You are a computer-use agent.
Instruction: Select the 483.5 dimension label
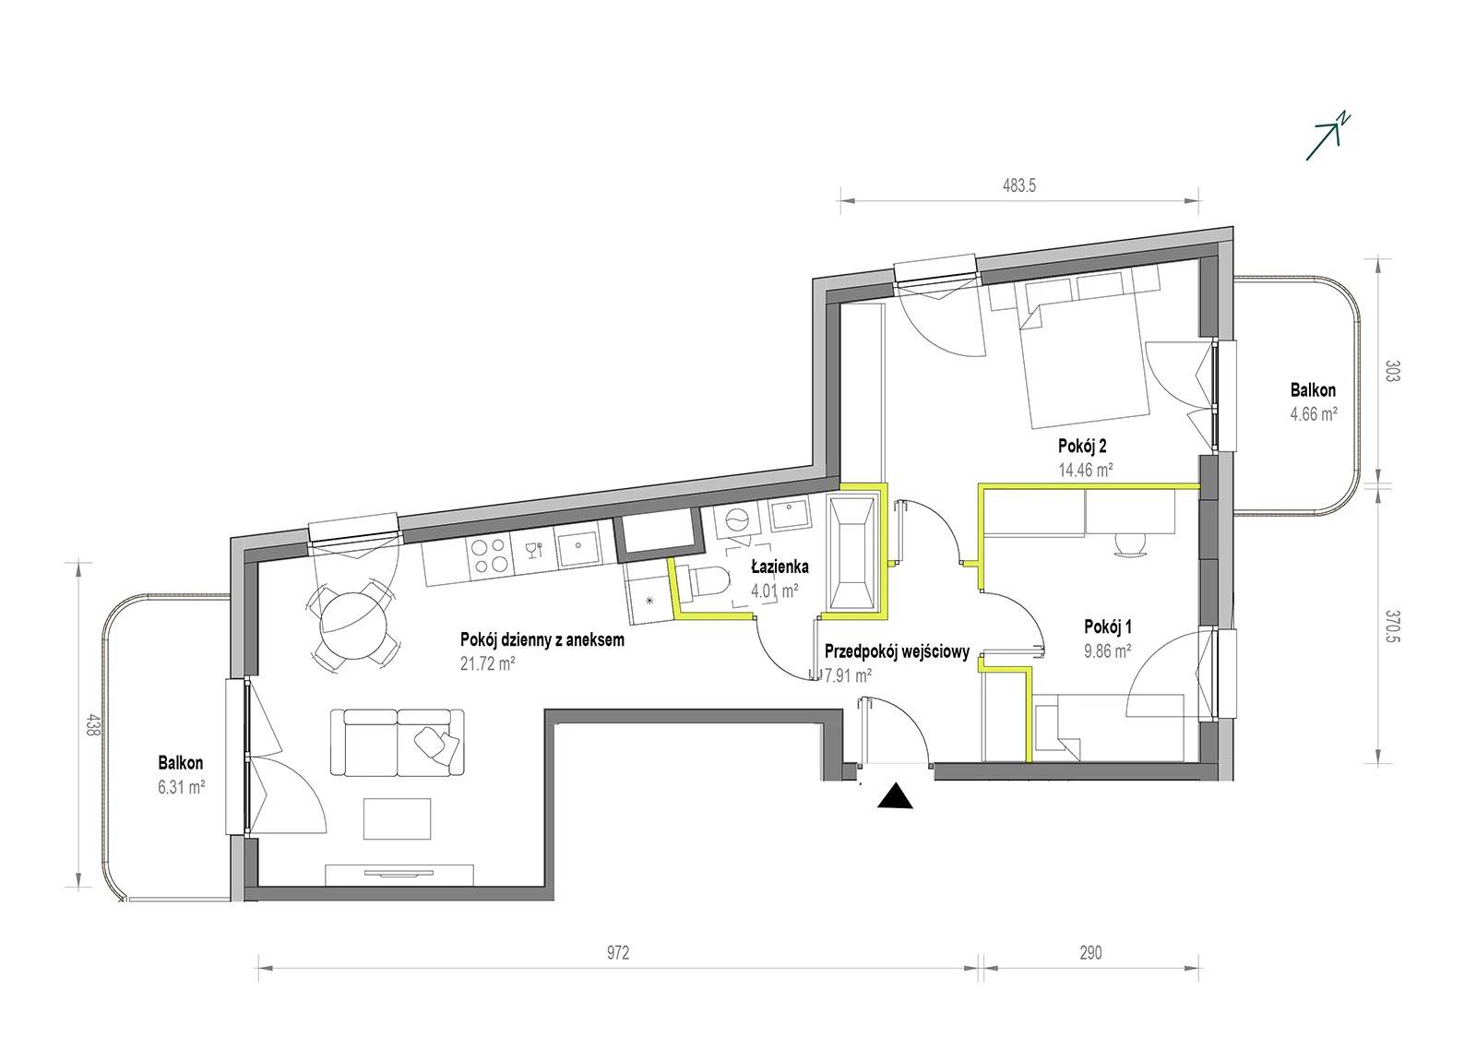pos(1019,185)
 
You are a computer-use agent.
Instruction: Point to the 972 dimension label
pos(617,953)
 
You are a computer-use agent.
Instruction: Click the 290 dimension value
pos(1090,953)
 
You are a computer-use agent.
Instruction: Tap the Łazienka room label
pos(780,567)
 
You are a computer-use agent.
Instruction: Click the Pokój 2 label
pos(1083,447)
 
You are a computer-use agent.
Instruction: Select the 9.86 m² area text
pos(1108,651)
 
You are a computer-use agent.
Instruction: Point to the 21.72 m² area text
pos(488,663)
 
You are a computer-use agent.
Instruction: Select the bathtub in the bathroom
pos(853,553)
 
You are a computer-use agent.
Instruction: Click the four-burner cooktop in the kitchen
pos(489,555)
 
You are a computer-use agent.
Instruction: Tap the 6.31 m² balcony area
pos(181,786)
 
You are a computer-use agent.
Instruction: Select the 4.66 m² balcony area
pos(1314,414)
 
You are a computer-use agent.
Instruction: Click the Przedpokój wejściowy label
pos(897,652)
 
